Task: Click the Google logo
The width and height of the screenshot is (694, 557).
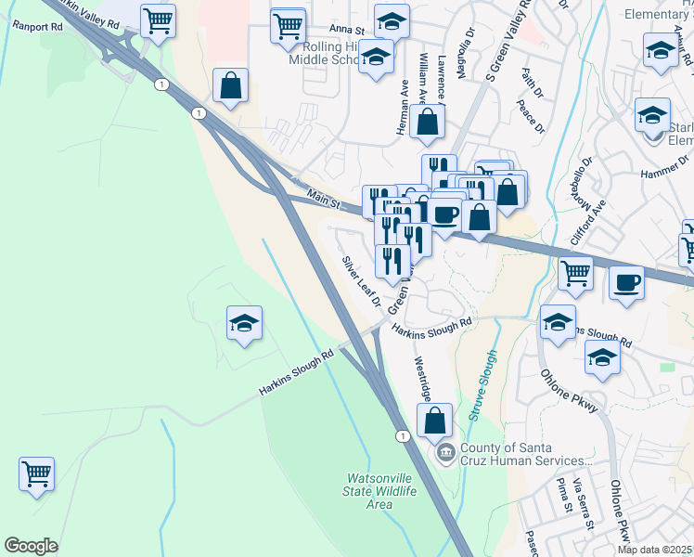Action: click(x=31, y=546)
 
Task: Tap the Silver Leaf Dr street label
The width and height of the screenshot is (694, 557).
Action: click(x=361, y=282)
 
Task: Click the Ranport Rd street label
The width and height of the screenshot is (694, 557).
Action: click(x=37, y=26)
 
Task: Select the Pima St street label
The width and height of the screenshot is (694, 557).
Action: click(x=562, y=496)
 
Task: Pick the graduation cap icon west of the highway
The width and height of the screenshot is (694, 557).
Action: click(x=244, y=323)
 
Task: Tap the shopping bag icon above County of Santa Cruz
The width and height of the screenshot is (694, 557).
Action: click(x=434, y=420)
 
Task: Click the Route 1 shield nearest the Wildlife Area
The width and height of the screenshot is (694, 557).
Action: click(x=402, y=435)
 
